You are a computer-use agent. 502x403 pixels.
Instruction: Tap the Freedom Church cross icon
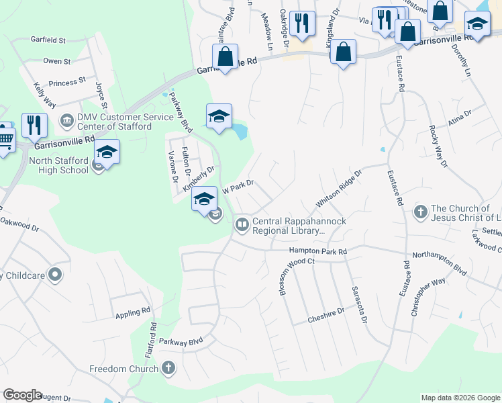(x=168, y=368)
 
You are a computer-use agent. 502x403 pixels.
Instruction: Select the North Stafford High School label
(x=59, y=165)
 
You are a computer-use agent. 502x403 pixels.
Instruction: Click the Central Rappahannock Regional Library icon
(x=242, y=224)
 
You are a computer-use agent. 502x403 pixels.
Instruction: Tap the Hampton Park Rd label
(x=317, y=251)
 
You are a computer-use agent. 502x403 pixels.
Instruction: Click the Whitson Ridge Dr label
(x=339, y=188)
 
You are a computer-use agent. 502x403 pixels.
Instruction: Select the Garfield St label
(x=48, y=40)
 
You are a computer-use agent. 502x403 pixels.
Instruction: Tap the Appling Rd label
(x=132, y=312)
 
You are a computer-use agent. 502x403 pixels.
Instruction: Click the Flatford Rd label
(x=153, y=340)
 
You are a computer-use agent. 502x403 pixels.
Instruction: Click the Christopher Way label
(x=428, y=296)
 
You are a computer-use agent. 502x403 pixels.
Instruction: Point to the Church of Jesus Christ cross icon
(x=420, y=212)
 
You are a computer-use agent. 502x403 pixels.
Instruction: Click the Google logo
(x=21, y=395)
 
